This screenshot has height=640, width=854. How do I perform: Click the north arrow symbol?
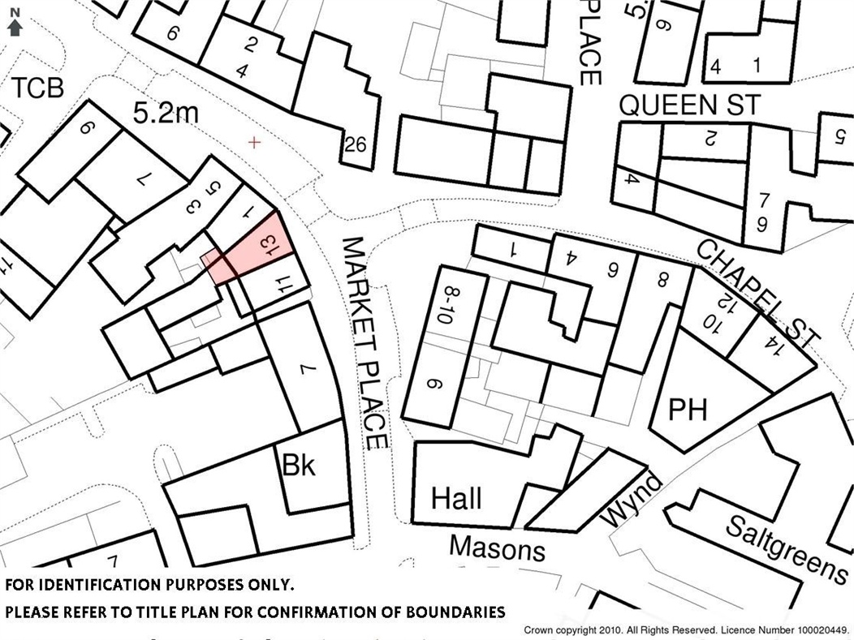[14, 24]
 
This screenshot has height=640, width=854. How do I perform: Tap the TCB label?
[37, 87]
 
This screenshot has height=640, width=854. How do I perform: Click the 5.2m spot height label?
[165, 113]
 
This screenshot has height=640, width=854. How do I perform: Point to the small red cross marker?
[256, 143]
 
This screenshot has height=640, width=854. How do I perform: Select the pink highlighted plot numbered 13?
[254, 251]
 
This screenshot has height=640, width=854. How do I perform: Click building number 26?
[356, 145]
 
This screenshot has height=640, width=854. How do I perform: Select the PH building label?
[687, 410]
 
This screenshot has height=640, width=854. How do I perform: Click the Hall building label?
[455, 497]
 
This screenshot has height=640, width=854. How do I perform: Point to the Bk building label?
[299, 466]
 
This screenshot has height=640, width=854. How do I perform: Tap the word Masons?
[497, 548]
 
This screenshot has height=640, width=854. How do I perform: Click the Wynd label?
[632, 500]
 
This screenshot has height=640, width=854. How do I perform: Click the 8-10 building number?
[443, 305]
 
